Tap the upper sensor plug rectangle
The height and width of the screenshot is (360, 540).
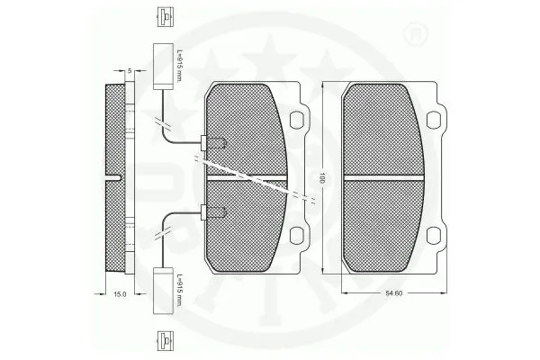click(163, 67)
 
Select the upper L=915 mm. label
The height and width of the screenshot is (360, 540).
click(180, 66)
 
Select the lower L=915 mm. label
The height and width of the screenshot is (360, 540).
click(180, 290)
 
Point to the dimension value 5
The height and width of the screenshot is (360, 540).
click(130, 70)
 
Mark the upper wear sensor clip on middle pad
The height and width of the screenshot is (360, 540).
click(214, 141)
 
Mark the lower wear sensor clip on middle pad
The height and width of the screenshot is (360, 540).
click(214, 213)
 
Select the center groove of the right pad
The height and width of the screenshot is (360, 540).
click(387, 177)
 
